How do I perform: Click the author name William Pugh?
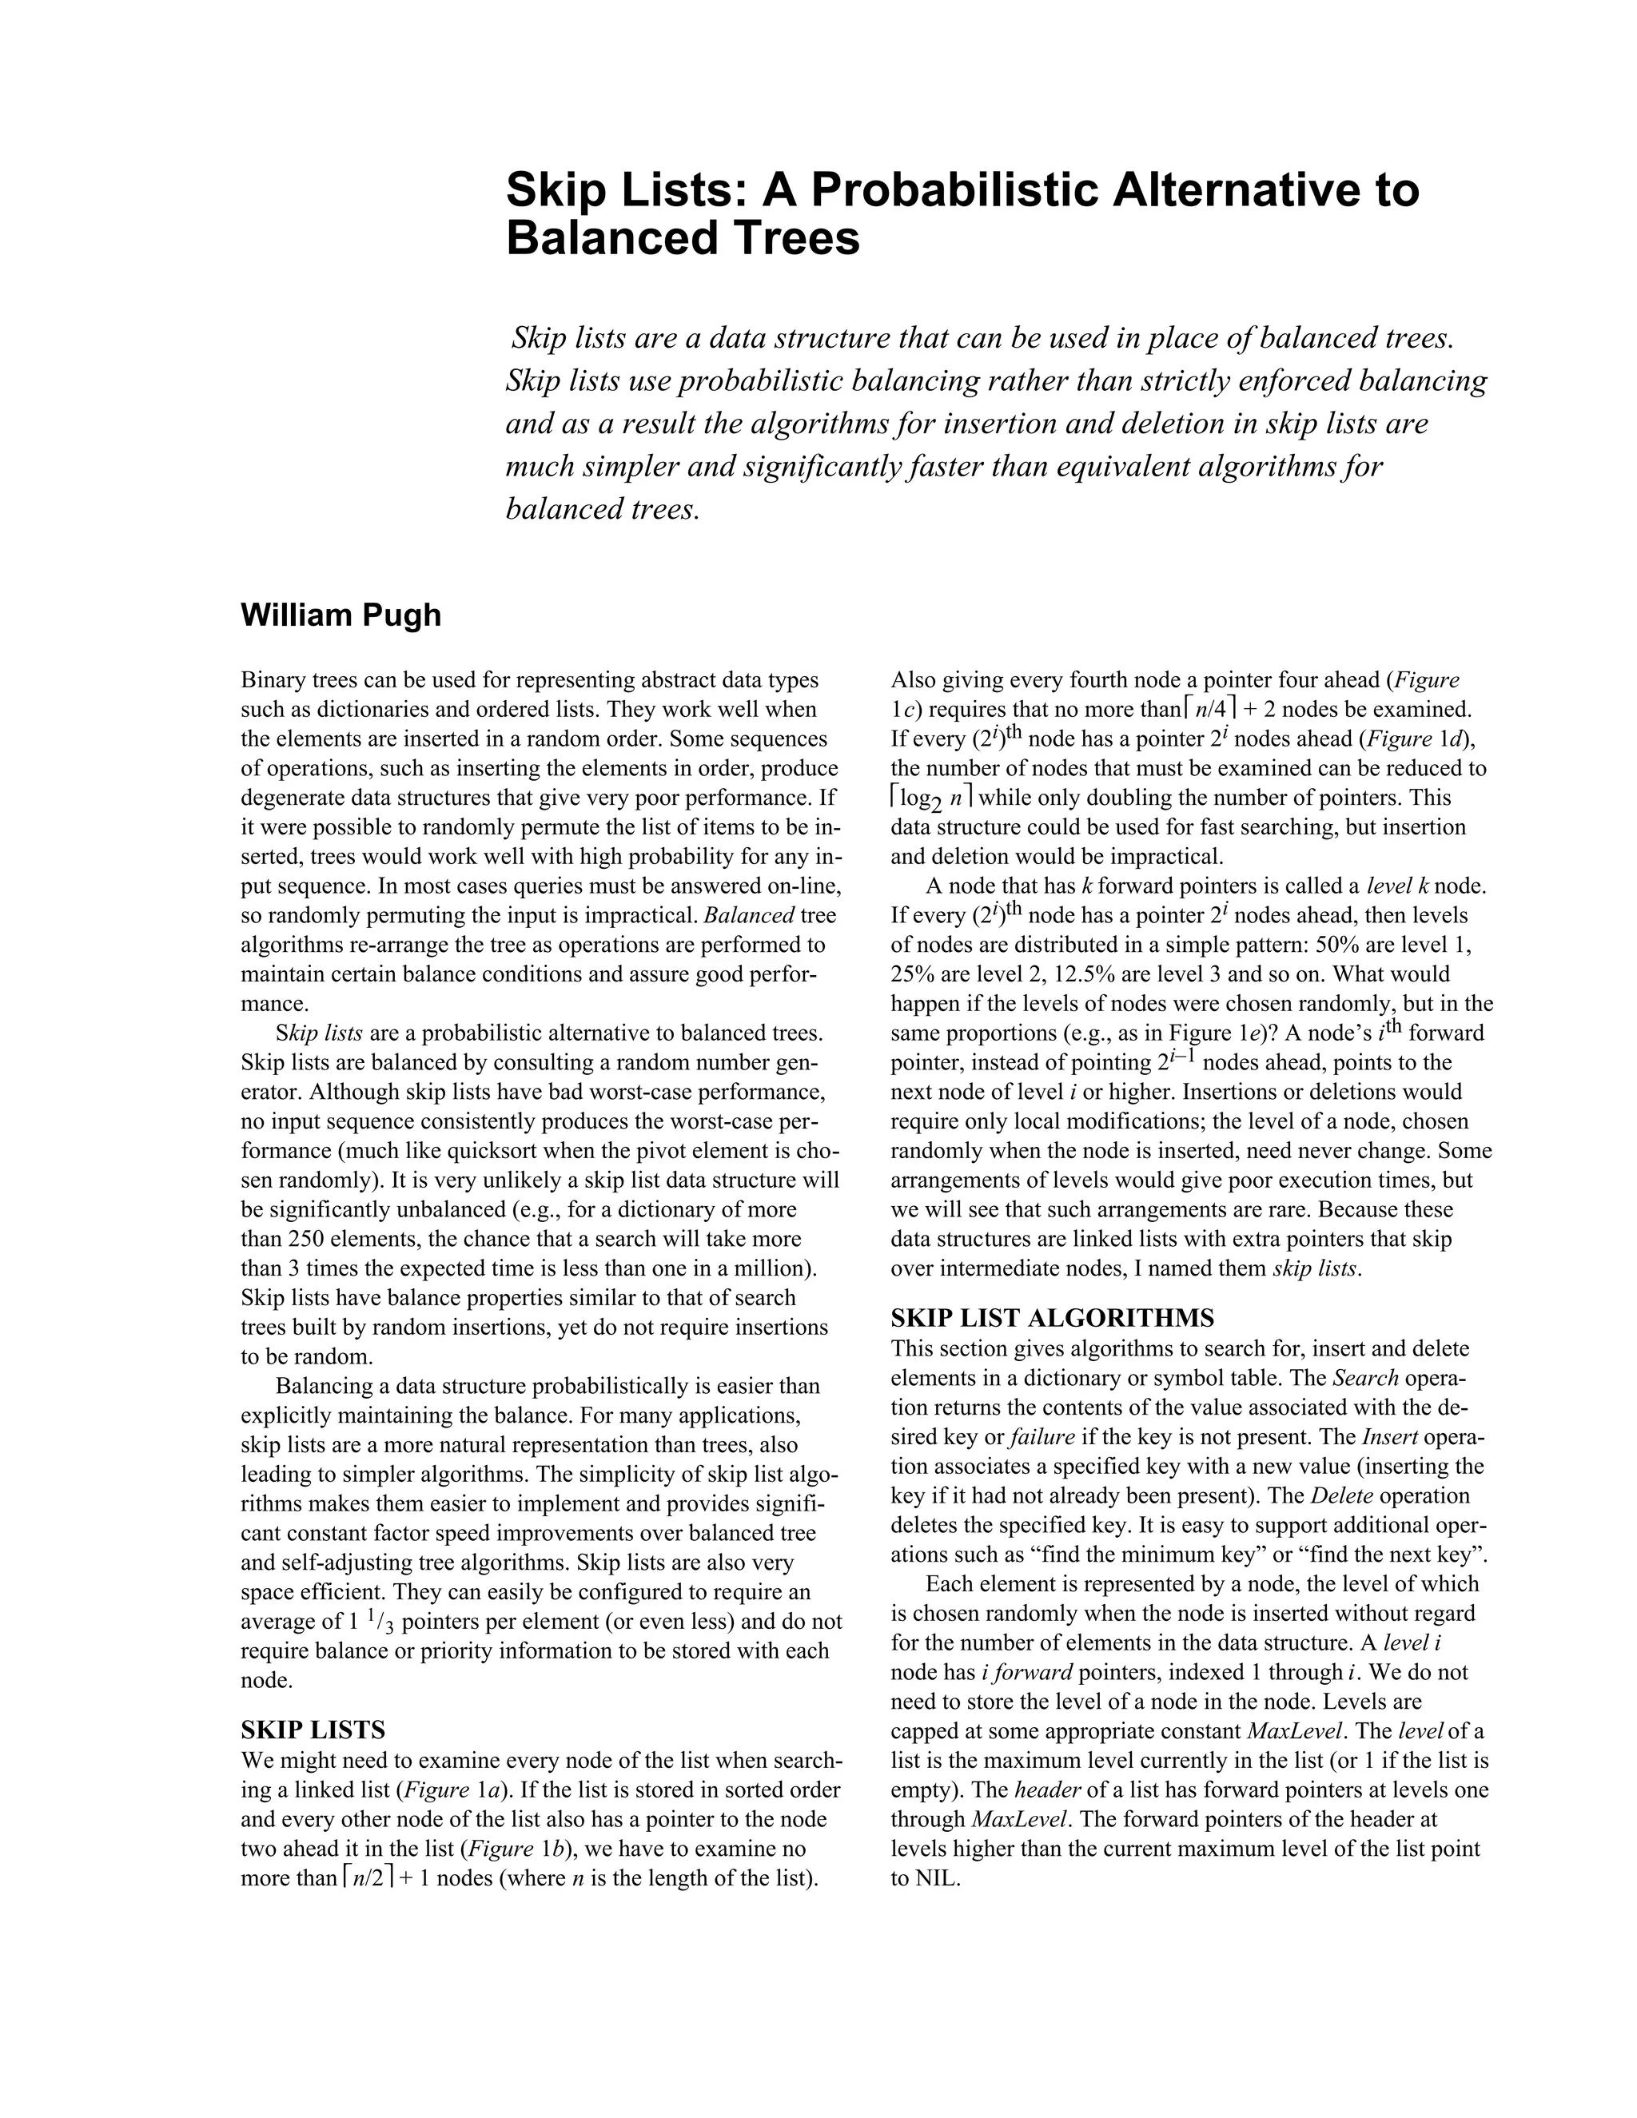tap(341, 615)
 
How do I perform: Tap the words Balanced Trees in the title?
tap(683, 238)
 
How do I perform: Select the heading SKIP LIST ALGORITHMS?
tap(1052, 1318)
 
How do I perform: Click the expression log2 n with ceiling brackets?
tap(932, 799)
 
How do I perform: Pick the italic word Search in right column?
tap(1365, 1378)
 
